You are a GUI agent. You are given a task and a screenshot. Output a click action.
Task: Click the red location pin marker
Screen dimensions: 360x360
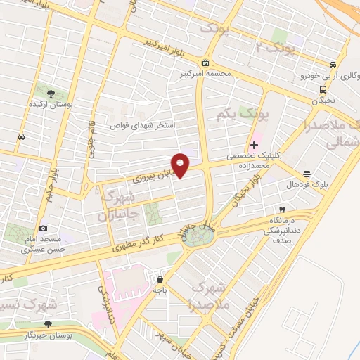point(181,165)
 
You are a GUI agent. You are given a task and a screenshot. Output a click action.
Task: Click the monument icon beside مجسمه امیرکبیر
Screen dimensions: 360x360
point(205,62)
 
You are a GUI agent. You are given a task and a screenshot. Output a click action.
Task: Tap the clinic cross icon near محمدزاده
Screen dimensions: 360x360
point(254,145)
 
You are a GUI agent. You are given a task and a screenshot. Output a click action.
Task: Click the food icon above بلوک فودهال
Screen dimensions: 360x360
point(307,174)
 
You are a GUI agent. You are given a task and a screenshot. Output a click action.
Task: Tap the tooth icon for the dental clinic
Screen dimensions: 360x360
point(282,210)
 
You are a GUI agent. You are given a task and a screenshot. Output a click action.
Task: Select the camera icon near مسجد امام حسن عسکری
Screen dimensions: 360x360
point(43,228)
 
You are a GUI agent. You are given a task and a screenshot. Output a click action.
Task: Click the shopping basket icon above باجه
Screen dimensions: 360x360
point(161,278)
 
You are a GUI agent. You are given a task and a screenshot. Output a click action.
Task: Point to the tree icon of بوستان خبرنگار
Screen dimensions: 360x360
point(48,324)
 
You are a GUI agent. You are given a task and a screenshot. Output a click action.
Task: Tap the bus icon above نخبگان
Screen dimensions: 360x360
point(323,89)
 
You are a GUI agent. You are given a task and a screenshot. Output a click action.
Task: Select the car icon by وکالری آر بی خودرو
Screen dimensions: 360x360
point(335,63)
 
